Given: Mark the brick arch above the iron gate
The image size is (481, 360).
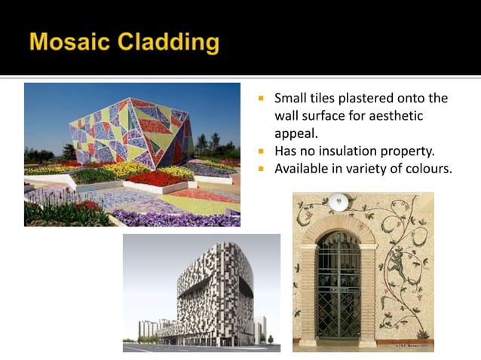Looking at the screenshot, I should [337, 226].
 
